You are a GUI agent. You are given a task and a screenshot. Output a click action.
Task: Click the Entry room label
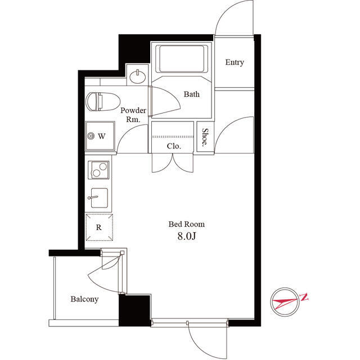tap(235, 62)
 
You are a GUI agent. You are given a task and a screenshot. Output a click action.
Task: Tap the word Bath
tap(191, 94)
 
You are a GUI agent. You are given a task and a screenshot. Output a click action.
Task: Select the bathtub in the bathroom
tap(181, 58)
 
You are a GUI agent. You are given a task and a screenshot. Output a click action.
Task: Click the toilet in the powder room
tap(103, 101)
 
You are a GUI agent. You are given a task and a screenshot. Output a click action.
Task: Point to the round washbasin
tap(137, 76)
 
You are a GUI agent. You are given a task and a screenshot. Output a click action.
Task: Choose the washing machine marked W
tap(100, 136)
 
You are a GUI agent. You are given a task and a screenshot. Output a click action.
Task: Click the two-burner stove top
tap(99, 170)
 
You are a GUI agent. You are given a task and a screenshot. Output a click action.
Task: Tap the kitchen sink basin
tap(99, 197)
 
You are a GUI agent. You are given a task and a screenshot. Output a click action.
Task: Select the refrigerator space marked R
tap(99, 227)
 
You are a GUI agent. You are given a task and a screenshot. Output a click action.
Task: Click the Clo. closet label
tap(174, 146)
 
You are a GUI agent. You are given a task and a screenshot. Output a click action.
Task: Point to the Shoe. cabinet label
tap(205, 137)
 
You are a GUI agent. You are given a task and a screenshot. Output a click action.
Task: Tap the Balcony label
tap(84, 299)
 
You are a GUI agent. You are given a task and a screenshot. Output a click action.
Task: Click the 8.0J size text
tap(187, 236)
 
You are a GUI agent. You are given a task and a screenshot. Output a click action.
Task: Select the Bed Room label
tap(186, 224)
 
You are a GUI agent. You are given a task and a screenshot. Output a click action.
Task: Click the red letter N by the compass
tap(304, 297)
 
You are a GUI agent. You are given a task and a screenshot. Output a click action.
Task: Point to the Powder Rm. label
tap(133, 115)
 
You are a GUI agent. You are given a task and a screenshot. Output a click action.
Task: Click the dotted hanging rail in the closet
tap(173, 137)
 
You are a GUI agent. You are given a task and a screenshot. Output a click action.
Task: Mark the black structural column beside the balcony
tap(134, 310)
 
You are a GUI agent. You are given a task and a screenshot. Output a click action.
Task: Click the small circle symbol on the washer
tap(91, 136)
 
